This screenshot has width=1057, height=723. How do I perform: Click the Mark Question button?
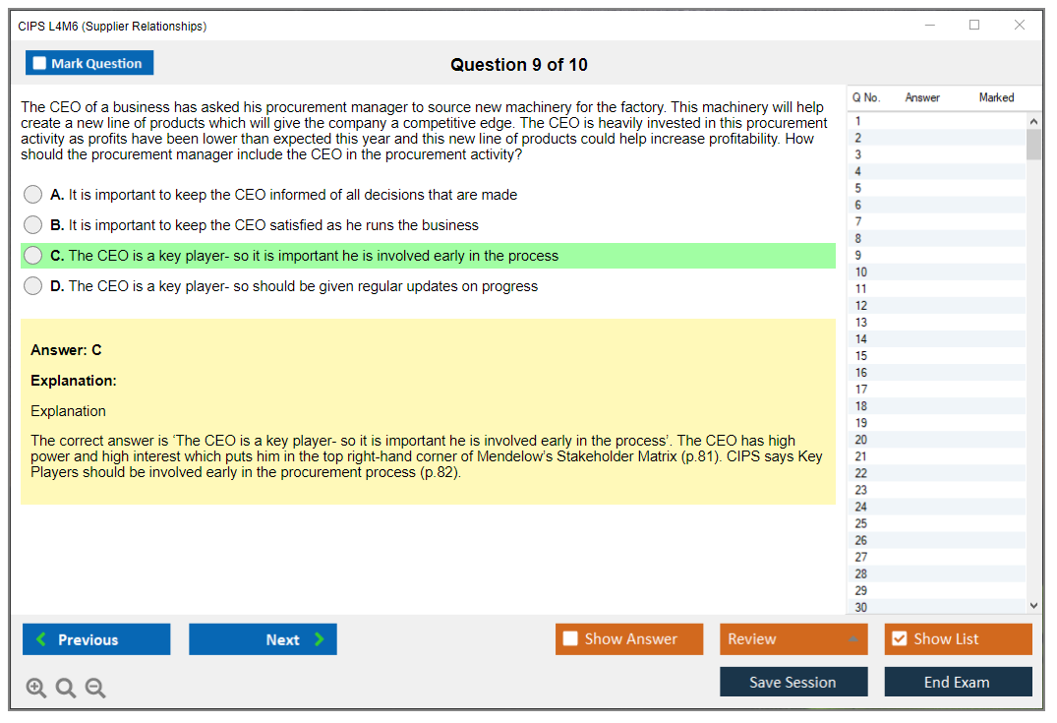89,63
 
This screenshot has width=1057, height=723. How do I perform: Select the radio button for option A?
32,194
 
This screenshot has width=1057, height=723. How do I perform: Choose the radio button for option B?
32,224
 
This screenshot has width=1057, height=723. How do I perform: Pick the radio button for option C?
32,256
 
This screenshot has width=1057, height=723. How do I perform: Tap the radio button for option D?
32,286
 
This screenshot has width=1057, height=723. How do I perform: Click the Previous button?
96,639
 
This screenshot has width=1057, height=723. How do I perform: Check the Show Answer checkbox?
570,638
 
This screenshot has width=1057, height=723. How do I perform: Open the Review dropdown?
793,639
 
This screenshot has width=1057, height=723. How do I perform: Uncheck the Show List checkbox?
900,638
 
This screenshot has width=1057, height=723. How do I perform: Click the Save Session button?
793,682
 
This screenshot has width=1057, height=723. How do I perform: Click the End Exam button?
958,682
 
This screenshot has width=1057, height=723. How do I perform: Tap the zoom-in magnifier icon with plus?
35,688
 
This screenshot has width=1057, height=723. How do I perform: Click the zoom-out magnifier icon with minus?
95,688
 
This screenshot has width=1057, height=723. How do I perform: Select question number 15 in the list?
860,356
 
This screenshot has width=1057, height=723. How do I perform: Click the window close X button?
1020,25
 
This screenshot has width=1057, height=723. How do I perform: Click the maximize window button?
974,25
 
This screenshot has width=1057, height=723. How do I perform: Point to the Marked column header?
996,97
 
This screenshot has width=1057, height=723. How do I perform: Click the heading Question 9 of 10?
519,65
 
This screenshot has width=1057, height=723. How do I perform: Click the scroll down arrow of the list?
1034,606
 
